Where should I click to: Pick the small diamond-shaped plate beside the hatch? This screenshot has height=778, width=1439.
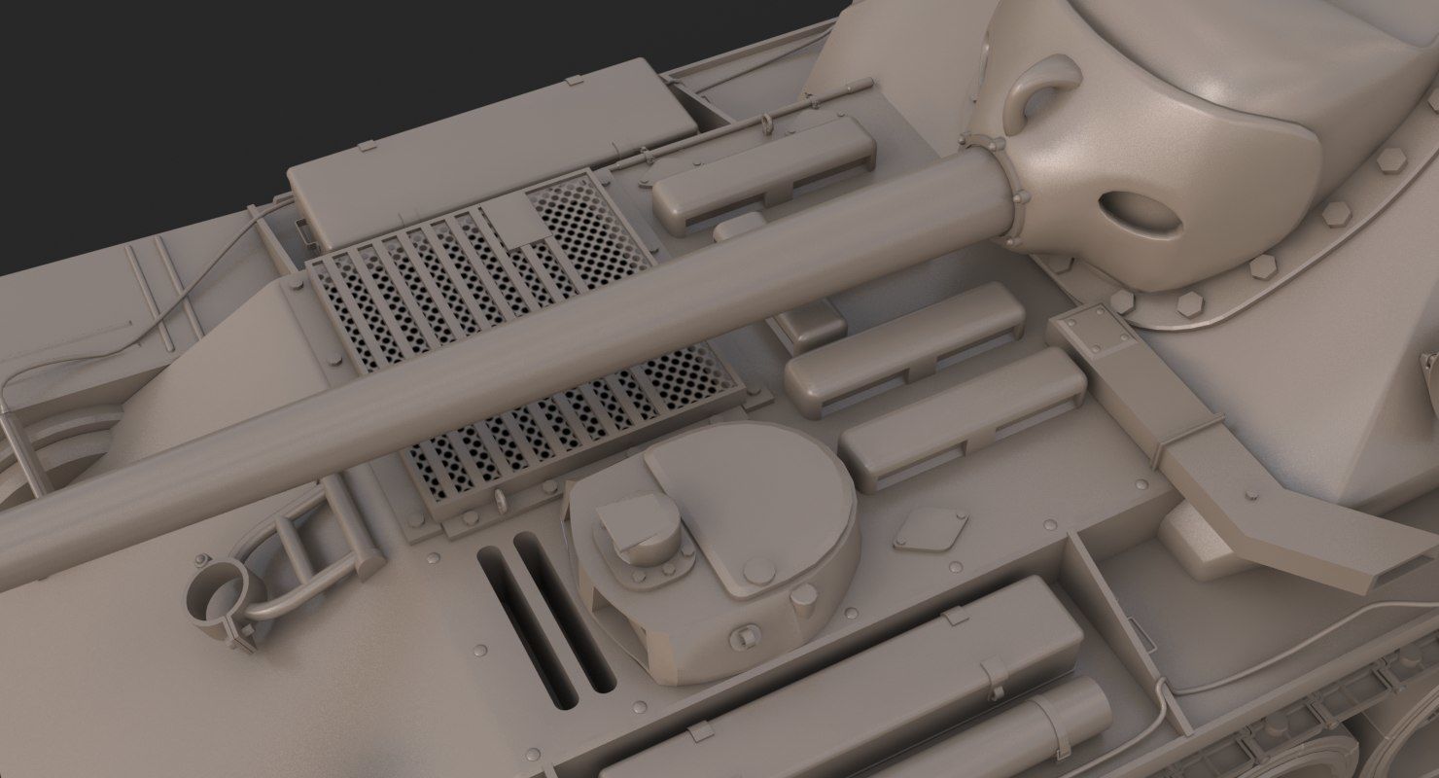[x=930, y=528]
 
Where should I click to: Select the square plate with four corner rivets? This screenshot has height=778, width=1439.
[x=1096, y=330]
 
